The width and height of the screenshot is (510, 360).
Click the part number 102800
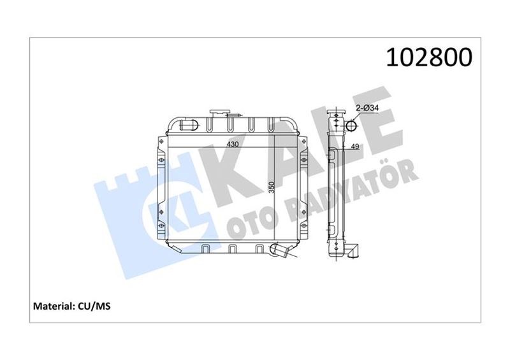(x=428, y=57)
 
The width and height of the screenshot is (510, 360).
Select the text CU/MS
(x=94, y=306)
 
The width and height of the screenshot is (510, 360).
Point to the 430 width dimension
(x=233, y=144)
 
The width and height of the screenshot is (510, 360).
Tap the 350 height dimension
(x=272, y=187)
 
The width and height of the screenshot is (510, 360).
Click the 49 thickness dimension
(x=355, y=147)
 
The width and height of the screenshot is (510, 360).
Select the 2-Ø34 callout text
(x=367, y=108)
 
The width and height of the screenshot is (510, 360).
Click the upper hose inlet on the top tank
(x=188, y=124)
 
